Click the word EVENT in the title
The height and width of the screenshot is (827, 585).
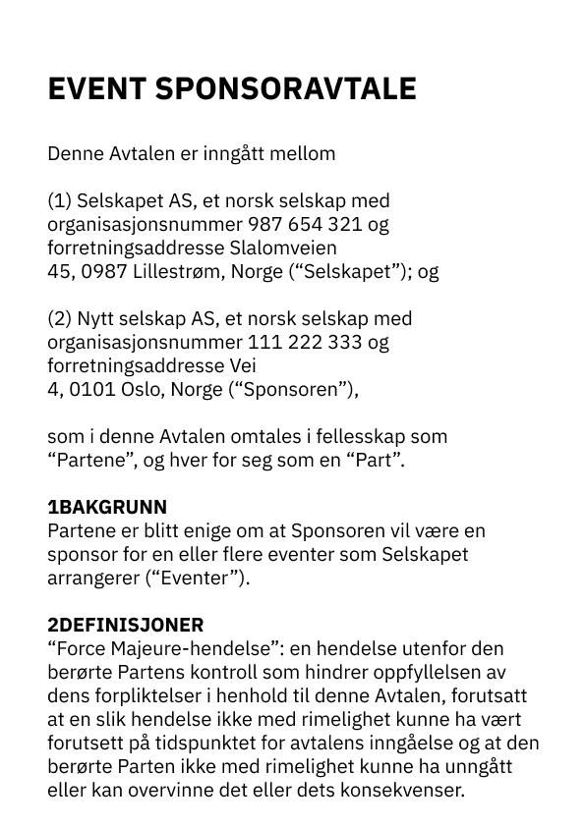point(96,89)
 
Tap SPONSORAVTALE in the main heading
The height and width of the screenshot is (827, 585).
point(285,89)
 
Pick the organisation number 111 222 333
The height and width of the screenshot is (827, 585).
point(304,343)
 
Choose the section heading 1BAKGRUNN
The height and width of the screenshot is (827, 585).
point(107,508)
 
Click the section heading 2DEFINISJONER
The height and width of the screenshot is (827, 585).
point(126,626)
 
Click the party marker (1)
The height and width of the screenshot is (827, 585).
point(59,201)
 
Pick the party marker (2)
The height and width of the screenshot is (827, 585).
point(59,319)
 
